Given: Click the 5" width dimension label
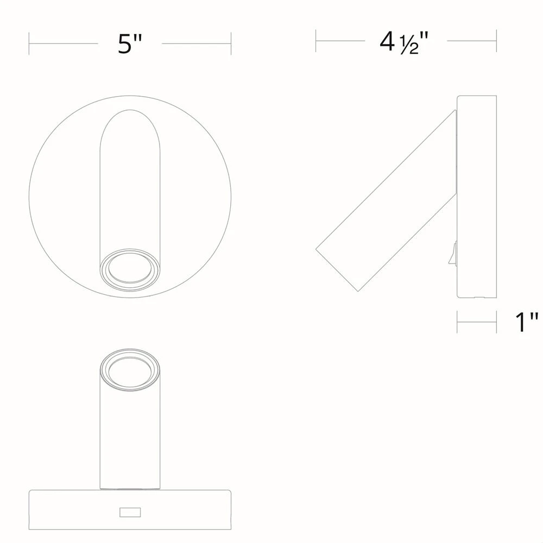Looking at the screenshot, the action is pyautogui.click(x=130, y=44).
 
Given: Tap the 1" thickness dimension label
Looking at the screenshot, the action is pyautogui.click(x=526, y=322).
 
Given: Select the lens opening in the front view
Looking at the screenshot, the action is pyautogui.click(x=130, y=268).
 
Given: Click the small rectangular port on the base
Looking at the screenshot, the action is pyautogui.click(x=130, y=512).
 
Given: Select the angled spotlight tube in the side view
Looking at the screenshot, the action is pyautogui.click(x=387, y=201).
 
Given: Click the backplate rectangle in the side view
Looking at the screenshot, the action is pyautogui.click(x=477, y=197).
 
